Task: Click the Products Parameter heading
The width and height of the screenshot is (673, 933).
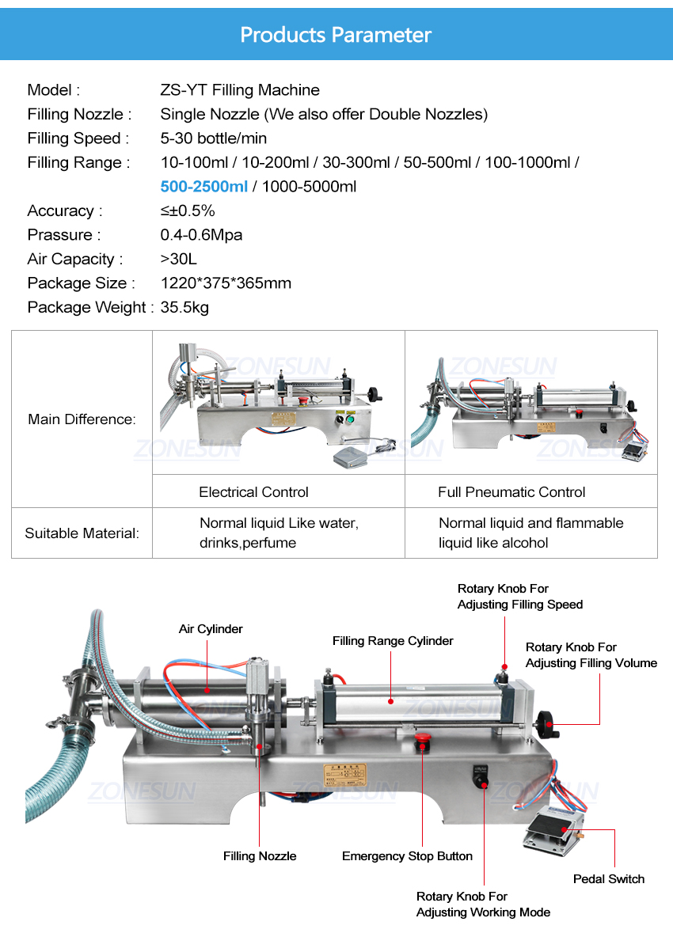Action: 336,35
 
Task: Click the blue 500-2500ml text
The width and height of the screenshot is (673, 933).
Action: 204,187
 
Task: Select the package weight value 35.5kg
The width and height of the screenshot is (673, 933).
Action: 184,307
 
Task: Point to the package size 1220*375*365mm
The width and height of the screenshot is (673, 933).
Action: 226,283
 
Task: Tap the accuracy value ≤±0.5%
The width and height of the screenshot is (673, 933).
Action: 188,210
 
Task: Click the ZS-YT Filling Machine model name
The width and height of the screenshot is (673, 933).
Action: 240,90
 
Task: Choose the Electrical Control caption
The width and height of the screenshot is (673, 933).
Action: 253,492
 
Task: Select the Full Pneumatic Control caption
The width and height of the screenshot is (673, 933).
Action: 511,492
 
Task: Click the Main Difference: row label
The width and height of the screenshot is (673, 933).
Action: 82,419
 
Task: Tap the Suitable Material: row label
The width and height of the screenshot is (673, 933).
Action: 82,533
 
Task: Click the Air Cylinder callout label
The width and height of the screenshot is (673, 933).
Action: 211,629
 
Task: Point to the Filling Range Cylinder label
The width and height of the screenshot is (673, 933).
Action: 393,641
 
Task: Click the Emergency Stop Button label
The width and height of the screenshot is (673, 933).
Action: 407,856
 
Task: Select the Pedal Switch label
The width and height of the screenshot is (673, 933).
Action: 609,879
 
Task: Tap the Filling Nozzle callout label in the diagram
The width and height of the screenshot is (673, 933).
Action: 260,856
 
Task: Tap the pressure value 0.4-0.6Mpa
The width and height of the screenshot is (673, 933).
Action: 201,235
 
